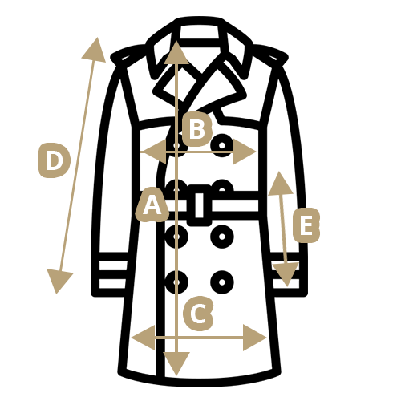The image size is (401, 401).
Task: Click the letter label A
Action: click(x=152, y=205)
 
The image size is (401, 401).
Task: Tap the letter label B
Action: click(x=197, y=129)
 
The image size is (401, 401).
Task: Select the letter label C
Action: click(x=198, y=313)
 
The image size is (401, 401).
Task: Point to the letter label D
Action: click(x=55, y=160)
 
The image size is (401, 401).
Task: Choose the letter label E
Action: click(x=306, y=225)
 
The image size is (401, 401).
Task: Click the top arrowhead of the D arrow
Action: click(x=95, y=50)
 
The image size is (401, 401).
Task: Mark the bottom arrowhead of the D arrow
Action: click(x=59, y=282)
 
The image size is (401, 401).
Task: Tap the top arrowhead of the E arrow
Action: click(x=280, y=184)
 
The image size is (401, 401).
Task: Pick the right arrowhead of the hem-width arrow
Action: click(x=254, y=338)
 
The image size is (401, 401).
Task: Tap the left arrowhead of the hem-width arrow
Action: click(x=144, y=338)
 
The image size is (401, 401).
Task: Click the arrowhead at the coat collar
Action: click(x=176, y=53)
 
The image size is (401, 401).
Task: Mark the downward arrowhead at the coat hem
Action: click(x=176, y=363)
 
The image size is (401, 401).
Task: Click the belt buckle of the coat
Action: click(x=200, y=205)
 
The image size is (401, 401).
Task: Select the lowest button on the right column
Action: click(x=222, y=282)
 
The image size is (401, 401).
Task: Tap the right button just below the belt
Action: click(x=222, y=237)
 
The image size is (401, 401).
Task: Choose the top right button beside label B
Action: click(x=222, y=145)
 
